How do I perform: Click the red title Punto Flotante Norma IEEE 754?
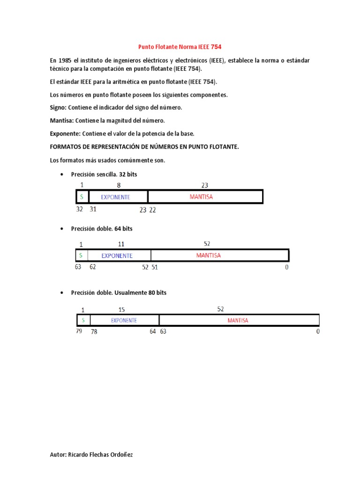tap(180, 47)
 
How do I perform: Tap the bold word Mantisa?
tap(61, 120)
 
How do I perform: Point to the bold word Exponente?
tap(65, 134)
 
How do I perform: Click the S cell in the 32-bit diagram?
tap(82, 197)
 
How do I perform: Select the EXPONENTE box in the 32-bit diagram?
tap(118, 197)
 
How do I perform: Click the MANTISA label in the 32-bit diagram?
tap(201, 197)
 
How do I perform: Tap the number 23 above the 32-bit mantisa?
tap(204, 186)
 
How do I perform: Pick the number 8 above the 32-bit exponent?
tap(118, 186)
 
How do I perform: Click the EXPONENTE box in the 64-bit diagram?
tap(117, 256)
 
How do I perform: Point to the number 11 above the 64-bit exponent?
tap(121, 244)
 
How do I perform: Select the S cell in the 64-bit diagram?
tap(81, 256)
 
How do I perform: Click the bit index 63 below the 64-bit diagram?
tap(78, 267)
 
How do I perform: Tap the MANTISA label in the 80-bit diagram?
tap(238, 321)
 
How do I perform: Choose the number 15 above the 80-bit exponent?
tap(121, 310)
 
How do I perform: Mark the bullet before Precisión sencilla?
tap(62, 174)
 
